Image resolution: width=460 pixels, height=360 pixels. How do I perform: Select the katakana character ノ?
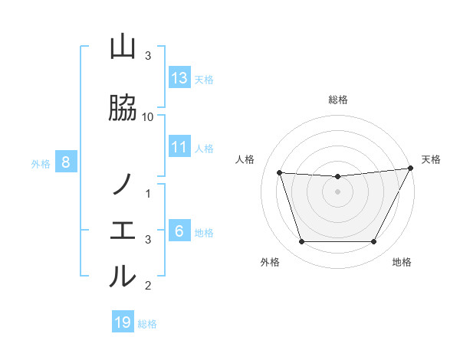coord(123,185)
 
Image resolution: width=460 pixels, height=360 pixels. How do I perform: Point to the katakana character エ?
coord(123,231)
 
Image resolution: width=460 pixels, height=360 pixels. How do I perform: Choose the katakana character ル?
coord(123,276)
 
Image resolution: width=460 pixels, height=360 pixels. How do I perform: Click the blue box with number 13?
coord(179,78)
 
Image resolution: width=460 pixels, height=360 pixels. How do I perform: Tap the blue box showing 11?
coord(179,147)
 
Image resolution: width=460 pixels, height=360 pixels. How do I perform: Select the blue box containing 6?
coord(179,232)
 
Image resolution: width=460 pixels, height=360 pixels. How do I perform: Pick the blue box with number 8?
coord(66,162)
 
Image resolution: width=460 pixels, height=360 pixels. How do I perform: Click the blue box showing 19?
coord(123,322)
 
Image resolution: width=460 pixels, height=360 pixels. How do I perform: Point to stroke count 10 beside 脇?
coord(148,116)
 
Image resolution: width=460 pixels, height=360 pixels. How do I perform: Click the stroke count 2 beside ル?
coord(148,286)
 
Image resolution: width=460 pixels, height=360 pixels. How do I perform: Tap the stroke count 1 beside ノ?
coord(148,192)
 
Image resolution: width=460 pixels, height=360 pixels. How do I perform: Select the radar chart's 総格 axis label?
coord(337,100)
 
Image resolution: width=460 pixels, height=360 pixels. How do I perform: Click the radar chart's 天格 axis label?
coord(431,159)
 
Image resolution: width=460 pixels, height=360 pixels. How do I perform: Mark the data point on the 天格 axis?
coord(411,169)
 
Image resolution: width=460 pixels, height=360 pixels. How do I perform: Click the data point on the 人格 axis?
coord(279,173)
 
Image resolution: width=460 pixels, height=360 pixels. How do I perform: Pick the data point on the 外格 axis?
coord(301,242)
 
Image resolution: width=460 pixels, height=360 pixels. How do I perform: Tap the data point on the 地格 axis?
coord(373,242)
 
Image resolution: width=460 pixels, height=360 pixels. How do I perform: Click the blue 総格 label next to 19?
coord(147,323)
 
